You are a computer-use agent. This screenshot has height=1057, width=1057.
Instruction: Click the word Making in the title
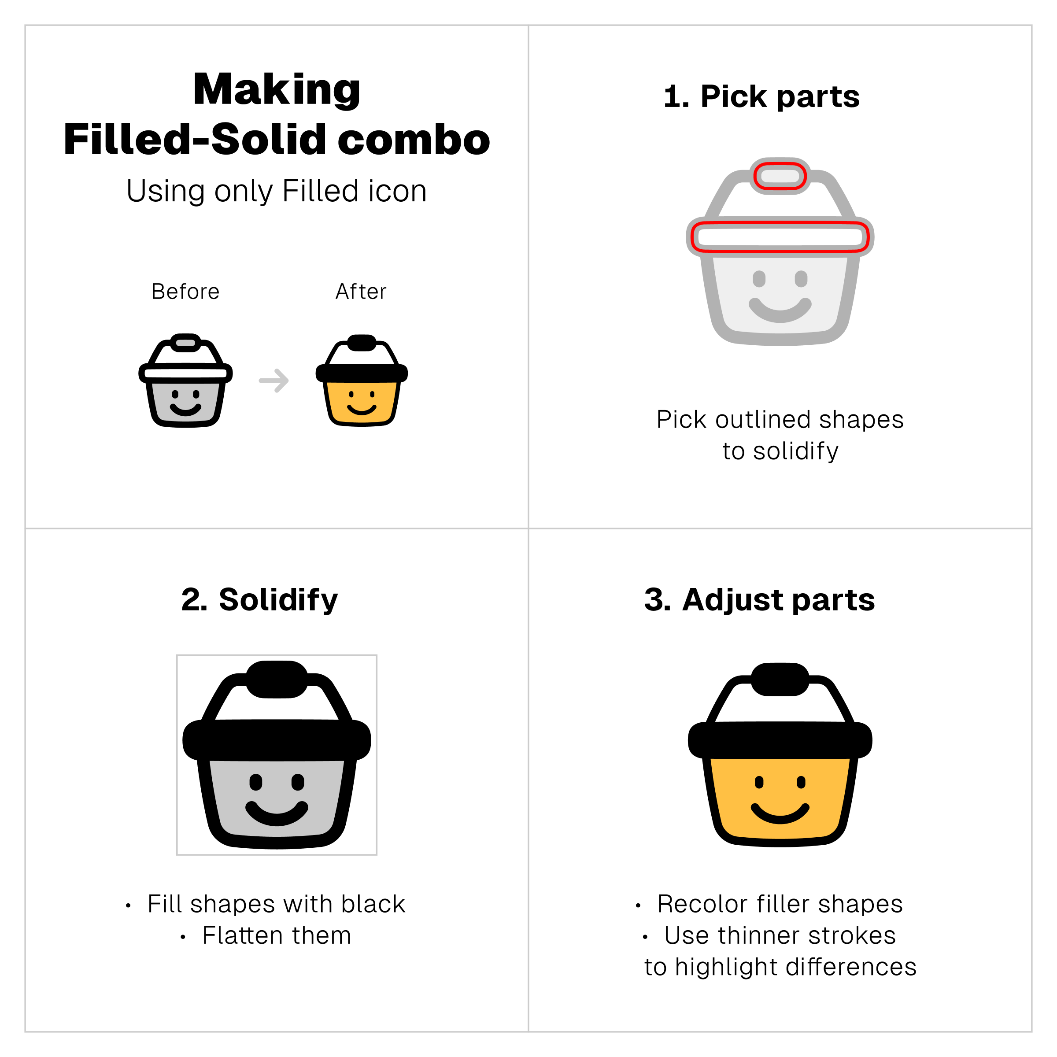pyautogui.click(x=277, y=91)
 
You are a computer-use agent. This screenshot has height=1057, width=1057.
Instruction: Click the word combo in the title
pyautogui.click(x=414, y=140)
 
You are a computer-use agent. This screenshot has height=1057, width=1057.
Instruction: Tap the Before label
pyautogui.click(x=185, y=292)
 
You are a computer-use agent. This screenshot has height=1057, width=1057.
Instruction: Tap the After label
pyautogui.click(x=361, y=292)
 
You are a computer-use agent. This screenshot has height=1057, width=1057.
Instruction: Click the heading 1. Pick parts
pyautogui.click(x=761, y=97)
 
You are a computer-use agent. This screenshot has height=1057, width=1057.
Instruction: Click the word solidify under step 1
pyautogui.click(x=796, y=451)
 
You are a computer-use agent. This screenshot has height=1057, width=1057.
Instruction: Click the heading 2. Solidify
pyautogui.click(x=259, y=600)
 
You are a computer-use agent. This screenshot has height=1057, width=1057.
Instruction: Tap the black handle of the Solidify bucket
pyautogui.click(x=277, y=680)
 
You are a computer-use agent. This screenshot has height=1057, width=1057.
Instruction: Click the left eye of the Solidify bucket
pyautogui.click(x=255, y=782)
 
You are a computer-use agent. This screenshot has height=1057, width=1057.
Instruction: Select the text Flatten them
pyautogui.click(x=277, y=935)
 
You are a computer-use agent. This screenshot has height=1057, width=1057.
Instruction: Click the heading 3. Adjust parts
pyautogui.click(x=759, y=600)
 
